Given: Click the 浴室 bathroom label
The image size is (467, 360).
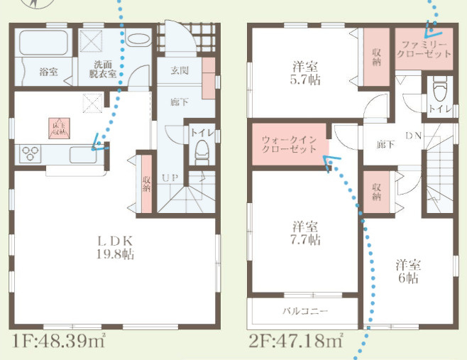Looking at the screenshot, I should tap(48, 71).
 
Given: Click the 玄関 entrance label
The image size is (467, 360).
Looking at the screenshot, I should tap(180, 70).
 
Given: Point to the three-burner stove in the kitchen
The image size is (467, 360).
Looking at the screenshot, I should tap(32, 153).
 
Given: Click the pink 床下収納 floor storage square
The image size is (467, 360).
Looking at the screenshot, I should tap(60, 127).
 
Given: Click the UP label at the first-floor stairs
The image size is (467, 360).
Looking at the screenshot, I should tap(170, 177).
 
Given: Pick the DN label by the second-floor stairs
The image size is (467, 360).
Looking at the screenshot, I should tap(414, 135).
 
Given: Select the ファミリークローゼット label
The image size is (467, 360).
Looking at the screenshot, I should tap(424, 49).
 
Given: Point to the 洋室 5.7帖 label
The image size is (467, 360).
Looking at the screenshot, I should tap(306, 73).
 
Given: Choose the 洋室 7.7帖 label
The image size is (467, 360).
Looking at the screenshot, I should tap(306, 234).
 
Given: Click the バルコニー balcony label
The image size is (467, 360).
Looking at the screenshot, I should tap(305, 311).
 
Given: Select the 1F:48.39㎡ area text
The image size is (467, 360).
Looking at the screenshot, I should tap(58, 342).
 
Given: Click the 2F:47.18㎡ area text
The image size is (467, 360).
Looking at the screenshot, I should tap(296, 342).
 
